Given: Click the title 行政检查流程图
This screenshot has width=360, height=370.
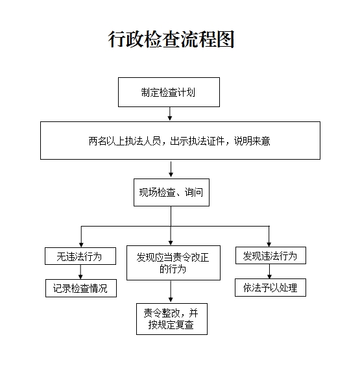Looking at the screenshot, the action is pos(171,39).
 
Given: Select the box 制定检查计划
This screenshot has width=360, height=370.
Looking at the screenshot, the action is pos(169,92).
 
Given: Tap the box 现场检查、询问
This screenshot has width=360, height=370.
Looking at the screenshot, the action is pos(171,192).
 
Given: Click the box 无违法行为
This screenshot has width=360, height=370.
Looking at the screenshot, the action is pos(80,256).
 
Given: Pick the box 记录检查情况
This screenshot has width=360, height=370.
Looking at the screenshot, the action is pos(81,288).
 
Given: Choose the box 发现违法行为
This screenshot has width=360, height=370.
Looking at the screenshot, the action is pos(270,255).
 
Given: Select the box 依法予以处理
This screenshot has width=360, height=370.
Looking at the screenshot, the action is pos(270,288).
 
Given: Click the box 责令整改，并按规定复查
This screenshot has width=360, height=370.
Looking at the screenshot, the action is pos(172,319).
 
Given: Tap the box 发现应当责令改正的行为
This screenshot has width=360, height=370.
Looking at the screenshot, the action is pos(173,263).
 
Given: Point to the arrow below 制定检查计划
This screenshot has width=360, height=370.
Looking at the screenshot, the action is pos(170,114).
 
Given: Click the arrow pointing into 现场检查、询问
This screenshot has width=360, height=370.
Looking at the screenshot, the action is pos(171,169).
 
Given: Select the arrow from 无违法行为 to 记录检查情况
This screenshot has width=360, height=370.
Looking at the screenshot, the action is pos(80,272).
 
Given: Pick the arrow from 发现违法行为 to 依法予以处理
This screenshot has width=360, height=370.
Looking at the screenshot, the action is pos(269,271).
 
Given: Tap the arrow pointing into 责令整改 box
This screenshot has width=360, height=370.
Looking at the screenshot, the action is pos(171,291).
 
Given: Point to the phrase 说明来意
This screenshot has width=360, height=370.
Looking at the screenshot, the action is pos(252,141).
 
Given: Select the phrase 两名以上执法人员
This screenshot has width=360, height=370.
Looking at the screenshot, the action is pos(125,141).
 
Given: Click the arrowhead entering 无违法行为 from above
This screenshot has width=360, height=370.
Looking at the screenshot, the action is pos(81,245).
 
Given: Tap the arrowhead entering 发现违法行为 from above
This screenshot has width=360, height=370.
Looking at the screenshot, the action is pos(269,244).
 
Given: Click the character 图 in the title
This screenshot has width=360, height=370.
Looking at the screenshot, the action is pos(226,39).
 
